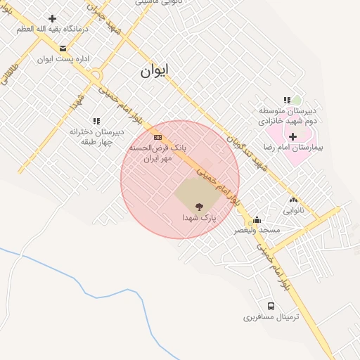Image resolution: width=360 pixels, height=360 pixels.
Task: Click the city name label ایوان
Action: pyautogui.click(x=155, y=72)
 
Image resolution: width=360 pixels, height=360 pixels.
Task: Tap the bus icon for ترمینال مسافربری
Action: pyautogui.click(x=271, y=307)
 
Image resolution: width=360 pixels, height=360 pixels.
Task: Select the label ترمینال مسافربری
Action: pyautogui.click(x=271, y=318)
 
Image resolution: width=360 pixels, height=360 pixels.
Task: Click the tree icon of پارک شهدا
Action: pyautogui.click(x=199, y=207)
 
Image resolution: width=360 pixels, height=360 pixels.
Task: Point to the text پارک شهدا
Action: pyautogui.click(x=199, y=218)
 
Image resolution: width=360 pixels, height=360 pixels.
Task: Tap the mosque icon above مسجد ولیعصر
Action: pyautogui.click(x=257, y=219)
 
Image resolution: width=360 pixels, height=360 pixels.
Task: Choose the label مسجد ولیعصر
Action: pyautogui.click(x=259, y=230)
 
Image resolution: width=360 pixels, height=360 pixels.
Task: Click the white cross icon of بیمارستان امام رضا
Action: pyautogui.click(x=292, y=136)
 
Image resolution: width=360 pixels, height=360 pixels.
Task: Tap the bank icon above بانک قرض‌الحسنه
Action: pyautogui.click(x=158, y=137)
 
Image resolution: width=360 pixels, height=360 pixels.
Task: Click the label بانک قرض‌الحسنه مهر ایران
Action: pyautogui.click(x=151, y=154)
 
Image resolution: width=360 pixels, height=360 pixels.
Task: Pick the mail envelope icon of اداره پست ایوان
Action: pyautogui.click(x=63, y=49)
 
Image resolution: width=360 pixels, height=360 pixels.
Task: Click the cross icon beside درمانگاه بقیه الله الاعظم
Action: pyautogui.click(x=52, y=18)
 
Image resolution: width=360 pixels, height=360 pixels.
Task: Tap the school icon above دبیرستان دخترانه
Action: pyautogui.click(x=96, y=121)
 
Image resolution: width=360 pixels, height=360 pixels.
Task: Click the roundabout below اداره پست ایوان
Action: pyautogui.click(x=96, y=75)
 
